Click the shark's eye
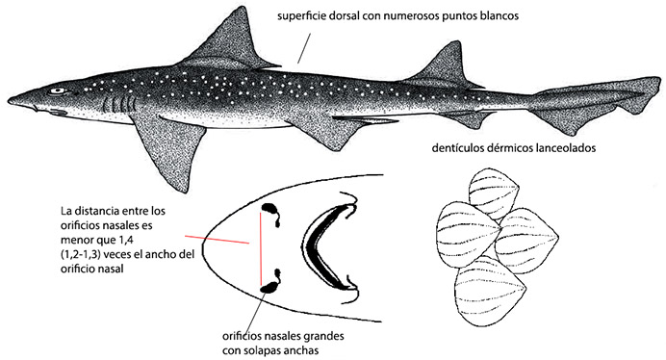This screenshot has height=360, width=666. click(59, 90)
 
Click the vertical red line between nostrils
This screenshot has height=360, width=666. click(258, 247)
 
